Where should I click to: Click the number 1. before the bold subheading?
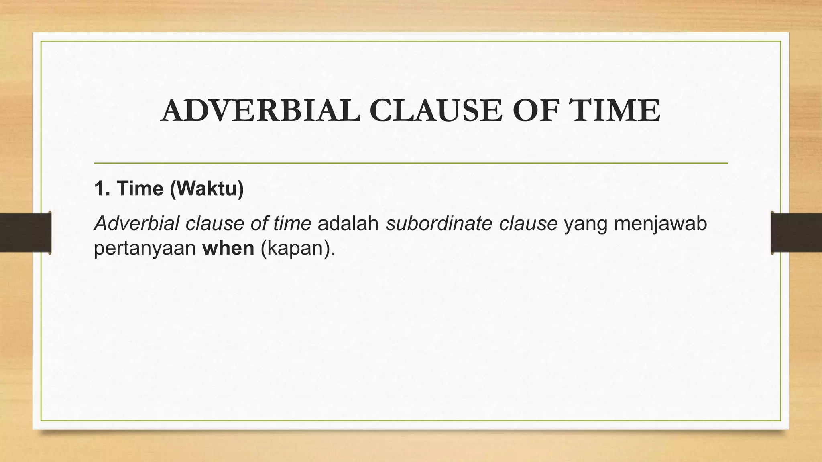(x=102, y=188)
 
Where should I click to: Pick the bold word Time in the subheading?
(x=140, y=188)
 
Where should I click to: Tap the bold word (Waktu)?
(x=207, y=188)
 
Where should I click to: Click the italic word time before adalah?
(x=292, y=223)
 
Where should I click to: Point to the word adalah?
(x=348, y=223)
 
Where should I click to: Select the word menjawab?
(x=660, y=223)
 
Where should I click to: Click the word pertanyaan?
(x=144, y=249)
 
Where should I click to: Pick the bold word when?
(x=228, y=248)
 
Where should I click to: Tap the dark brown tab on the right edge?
(x=796, y=233)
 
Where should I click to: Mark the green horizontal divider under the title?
(x=411, y=163)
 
